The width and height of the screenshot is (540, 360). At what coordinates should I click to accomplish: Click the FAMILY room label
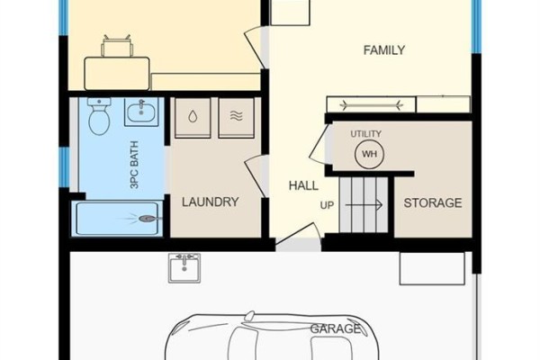coord(384,50)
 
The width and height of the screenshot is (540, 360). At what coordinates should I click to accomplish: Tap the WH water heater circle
coord(369,154)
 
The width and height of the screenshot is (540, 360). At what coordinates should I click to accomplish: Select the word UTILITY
coord(365,134)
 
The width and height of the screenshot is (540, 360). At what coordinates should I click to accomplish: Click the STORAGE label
coord(433,202)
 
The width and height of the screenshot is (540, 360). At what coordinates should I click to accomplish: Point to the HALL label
coord(303,185)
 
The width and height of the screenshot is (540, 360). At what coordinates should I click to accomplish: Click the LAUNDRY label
coord(210,202)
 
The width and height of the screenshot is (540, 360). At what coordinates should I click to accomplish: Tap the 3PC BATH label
coord(135,165)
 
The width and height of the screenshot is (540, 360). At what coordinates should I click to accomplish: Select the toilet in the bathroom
coord(99,116)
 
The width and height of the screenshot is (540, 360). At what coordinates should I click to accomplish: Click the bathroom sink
coord(141,112)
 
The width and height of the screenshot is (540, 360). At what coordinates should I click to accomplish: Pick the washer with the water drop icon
coord(193,118)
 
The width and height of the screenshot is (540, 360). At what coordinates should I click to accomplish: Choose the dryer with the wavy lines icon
coord(236,118)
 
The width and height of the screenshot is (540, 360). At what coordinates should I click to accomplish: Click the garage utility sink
coord(184,268)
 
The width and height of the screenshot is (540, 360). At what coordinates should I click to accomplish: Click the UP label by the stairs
coord(327,205)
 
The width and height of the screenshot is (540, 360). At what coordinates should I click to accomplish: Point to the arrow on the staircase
coord(364,205)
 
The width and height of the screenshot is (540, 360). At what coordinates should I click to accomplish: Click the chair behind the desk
coord(117,47)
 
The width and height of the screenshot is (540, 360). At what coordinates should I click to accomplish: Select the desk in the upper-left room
coord(117,74)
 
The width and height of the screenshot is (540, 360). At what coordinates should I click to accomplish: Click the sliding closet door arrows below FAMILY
coord(371,104)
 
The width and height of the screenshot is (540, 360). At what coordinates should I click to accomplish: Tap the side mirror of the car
coord(249,316)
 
